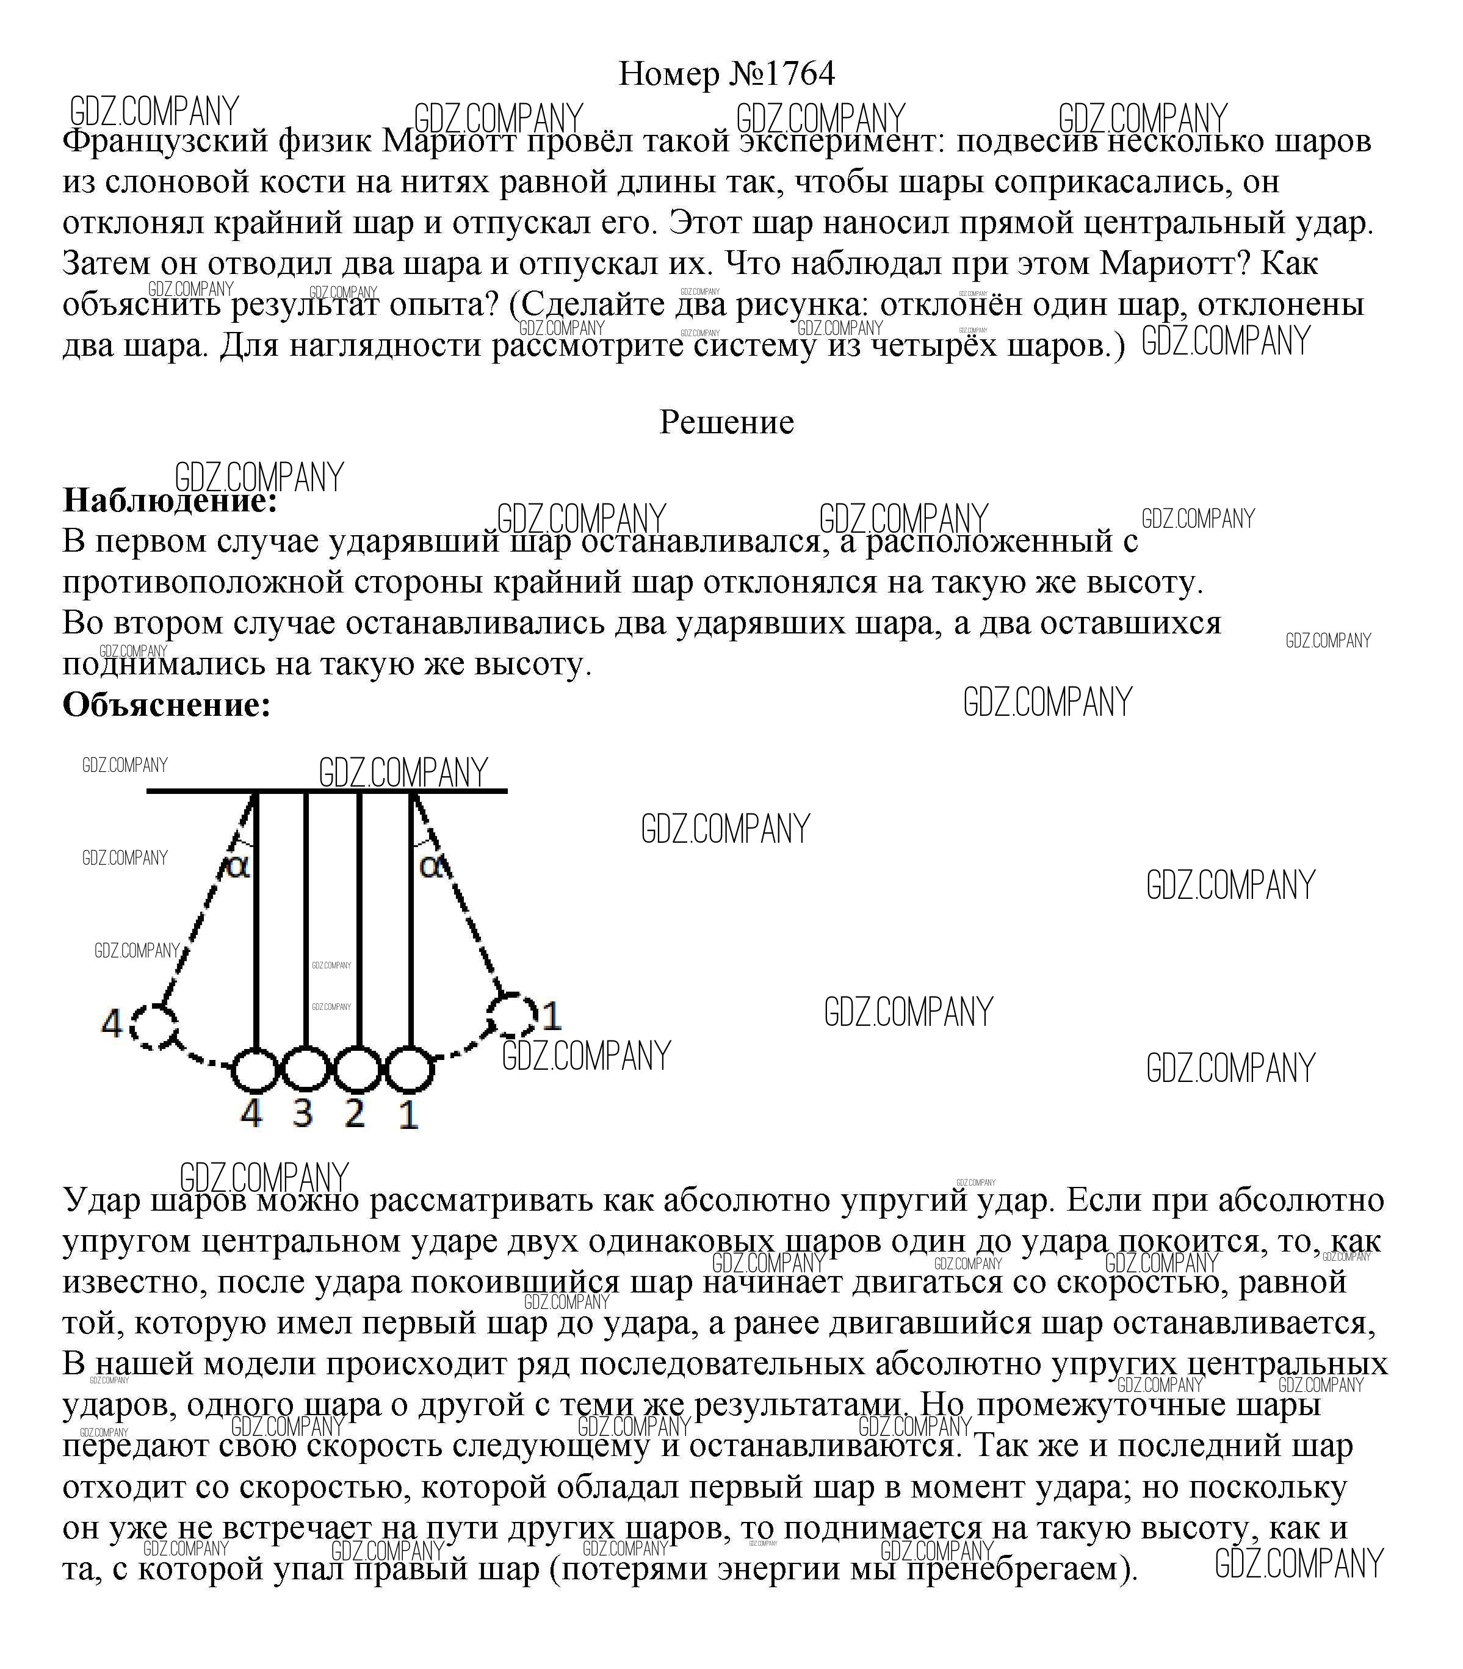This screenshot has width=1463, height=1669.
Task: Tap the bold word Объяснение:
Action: tap(167, 704)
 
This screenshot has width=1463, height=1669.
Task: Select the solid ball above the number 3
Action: tap(305, 1069)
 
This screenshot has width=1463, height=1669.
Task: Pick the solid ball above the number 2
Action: tap(358, 1069)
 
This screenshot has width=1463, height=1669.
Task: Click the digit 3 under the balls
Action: tap(303, 1113)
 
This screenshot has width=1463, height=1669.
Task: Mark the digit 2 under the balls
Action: tap(355, 1113)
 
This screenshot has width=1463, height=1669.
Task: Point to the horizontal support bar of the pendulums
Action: tap(327, 790)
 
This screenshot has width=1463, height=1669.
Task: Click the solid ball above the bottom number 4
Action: tap(256, 1069)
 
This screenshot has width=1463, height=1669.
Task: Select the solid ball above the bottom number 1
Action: tap(409, 1069)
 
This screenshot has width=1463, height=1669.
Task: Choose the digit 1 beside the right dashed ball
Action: tap(553, 1016)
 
